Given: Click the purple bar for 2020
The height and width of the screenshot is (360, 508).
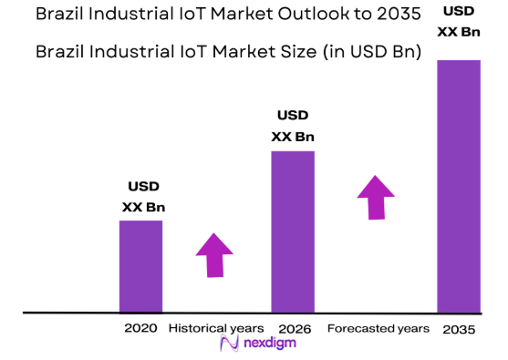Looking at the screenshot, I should pyautogui.click(x=140, y=266).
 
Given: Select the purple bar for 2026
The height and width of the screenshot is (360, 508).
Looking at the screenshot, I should pyautogui.click(x=293, y=231).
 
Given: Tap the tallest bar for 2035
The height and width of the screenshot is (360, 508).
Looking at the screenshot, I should pyautogui.click(x=459, y=187).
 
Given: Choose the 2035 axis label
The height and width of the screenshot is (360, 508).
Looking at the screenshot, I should pyautogui.click(x=458, y=328).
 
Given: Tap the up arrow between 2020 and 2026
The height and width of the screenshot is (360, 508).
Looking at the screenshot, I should pyautogui.click(x=215, y=254).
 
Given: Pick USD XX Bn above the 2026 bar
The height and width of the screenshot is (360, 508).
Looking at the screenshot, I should pyautogui.click(x=292, y=126).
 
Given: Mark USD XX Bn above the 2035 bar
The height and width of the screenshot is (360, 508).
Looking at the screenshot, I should pyautogui.click(x=459, y=20).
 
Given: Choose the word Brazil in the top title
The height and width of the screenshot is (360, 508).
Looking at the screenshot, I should pyautogui.click(x=63, y=15).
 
